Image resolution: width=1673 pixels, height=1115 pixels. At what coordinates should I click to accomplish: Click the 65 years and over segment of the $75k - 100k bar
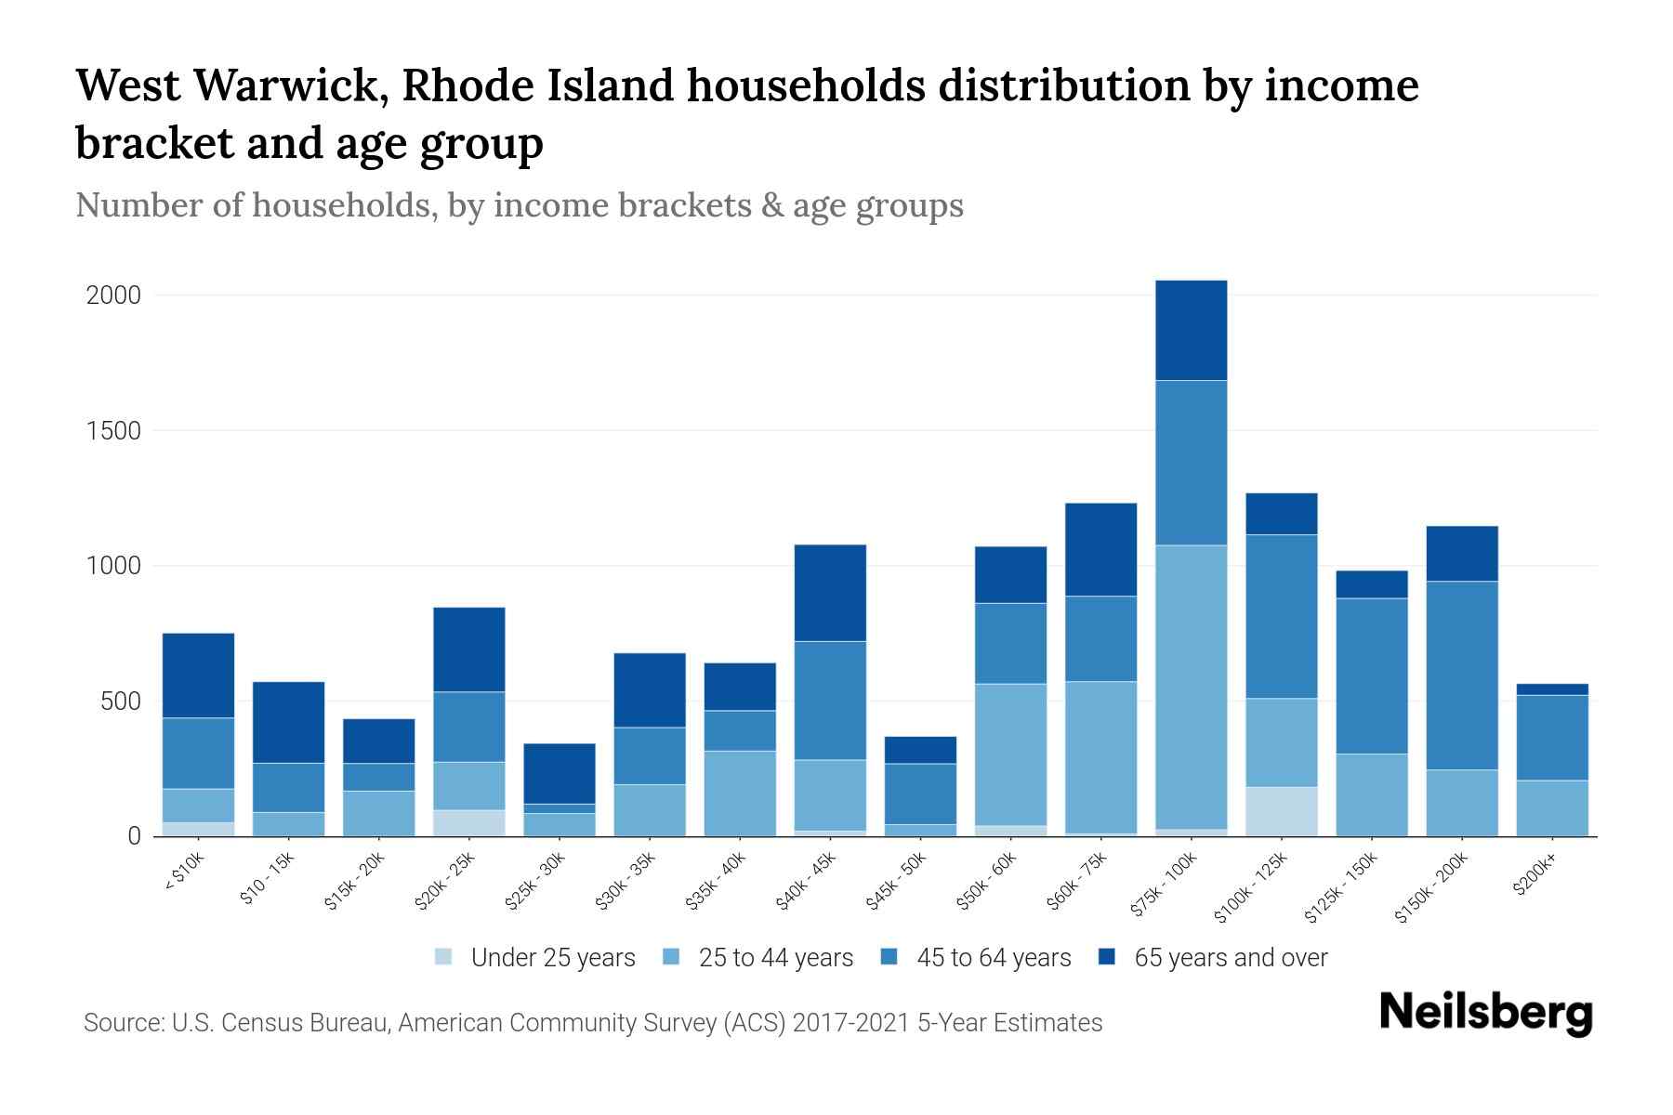click(x=1191, y=330)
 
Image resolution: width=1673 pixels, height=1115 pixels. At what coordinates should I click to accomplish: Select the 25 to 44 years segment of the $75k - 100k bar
click(x=1191, y=687)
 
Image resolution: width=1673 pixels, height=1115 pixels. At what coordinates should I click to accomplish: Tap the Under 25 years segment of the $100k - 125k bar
click(x=1281, y=811)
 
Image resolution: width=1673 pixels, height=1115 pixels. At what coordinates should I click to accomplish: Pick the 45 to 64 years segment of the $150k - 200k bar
click(x=1462, y=676)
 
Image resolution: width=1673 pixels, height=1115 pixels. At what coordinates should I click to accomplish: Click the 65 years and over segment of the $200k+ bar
click(x=1552, y=689)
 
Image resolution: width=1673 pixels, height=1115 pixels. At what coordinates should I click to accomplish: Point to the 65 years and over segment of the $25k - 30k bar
click(x=560, y=773)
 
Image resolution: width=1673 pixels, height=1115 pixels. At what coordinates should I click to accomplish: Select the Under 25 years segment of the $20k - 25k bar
click(x=469, y=823)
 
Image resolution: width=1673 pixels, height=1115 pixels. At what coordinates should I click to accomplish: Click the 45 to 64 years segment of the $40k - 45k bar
click(x=830, y=701)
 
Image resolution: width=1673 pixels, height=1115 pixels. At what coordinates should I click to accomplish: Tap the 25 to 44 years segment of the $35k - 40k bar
click(x=740, y=794)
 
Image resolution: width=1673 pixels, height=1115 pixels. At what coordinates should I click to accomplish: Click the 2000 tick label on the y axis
click(x=113, y=295)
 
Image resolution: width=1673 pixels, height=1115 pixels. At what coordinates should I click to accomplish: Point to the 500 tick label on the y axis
click(x=121, y=702)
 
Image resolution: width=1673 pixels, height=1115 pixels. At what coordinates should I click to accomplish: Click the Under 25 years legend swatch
click(x=444, y=956)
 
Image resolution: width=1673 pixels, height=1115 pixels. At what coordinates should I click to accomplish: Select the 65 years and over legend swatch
click(x=1107, y=956)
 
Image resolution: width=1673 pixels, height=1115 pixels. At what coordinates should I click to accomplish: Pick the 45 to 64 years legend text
click(x=994, y=958)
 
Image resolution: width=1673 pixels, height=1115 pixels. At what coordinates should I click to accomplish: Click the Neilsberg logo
click(x=1485, y=1013)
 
